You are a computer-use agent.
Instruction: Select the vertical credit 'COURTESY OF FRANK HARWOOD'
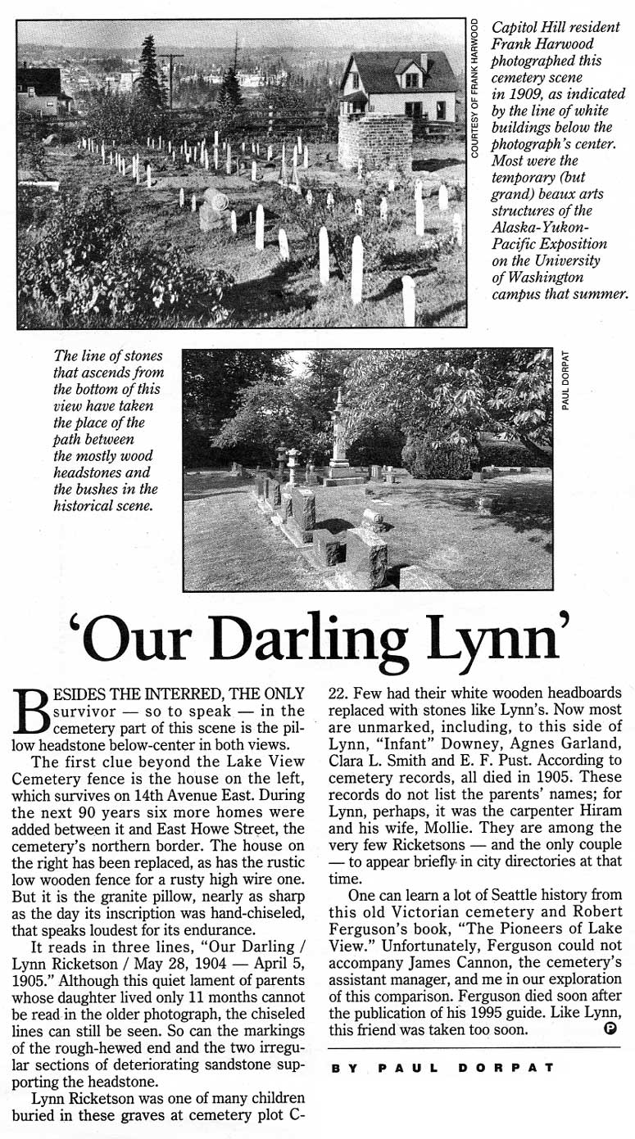coord(475,88)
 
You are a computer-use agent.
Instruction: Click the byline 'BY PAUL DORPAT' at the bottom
coord(442,1068)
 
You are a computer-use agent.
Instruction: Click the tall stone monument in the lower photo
coord(338,434)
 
